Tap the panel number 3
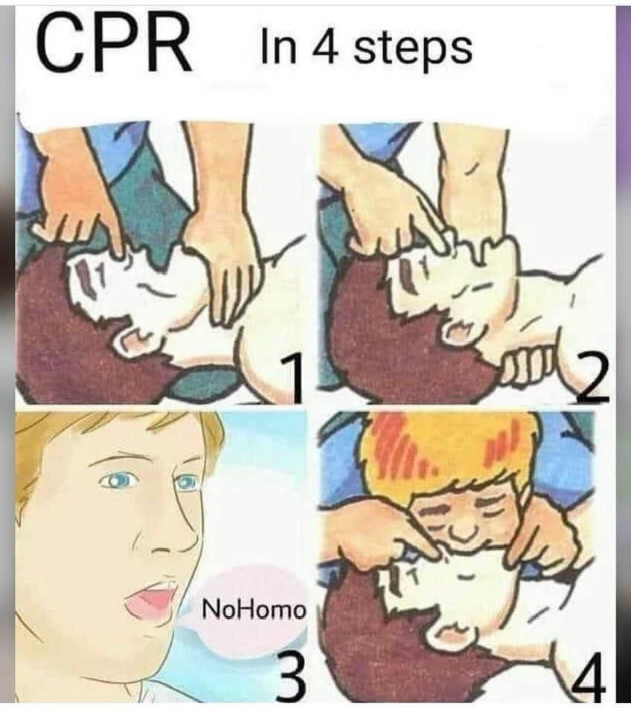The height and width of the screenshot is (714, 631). [291, 673]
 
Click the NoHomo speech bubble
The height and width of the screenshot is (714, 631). [254, 608]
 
